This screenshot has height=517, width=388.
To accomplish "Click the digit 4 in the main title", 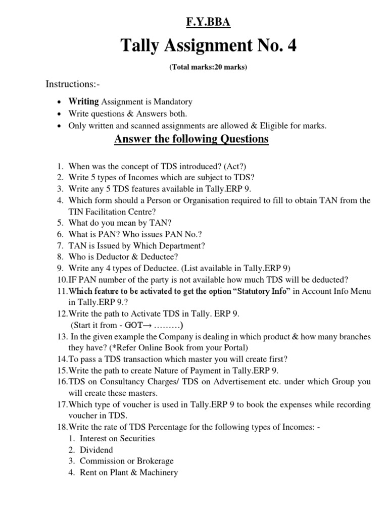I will pos(292,46).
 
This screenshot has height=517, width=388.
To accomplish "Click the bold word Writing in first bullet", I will pos(84,101).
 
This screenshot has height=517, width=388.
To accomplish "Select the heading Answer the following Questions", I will pos(191,139).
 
